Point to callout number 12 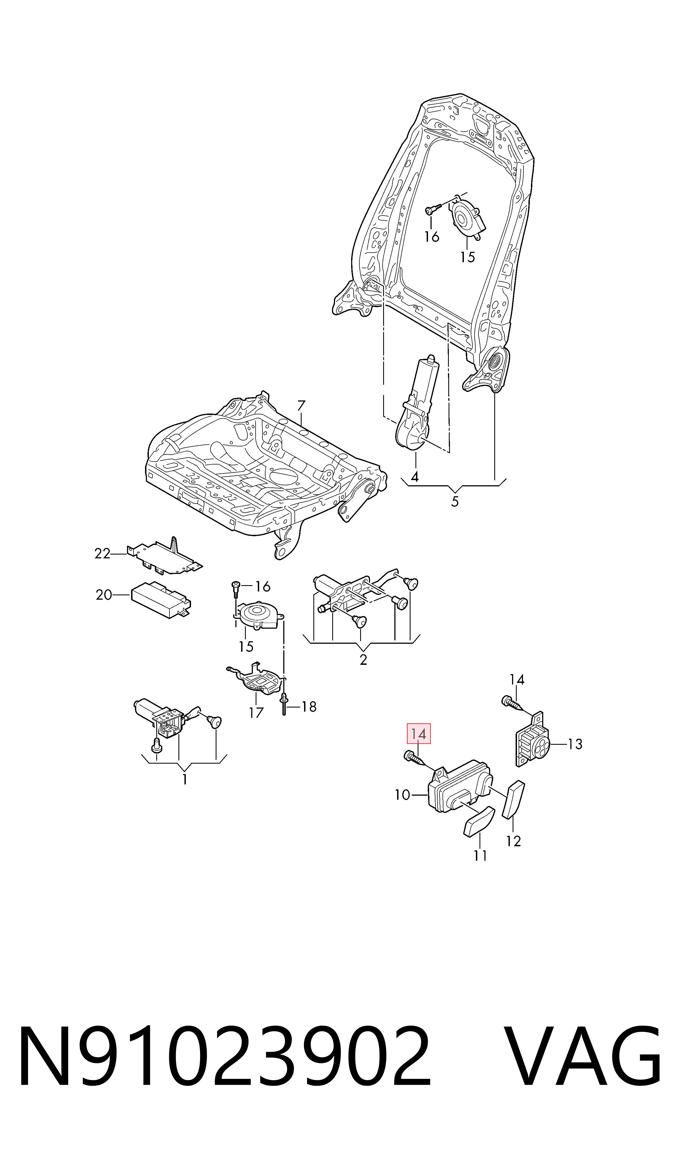(513, 841)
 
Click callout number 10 (403, 795)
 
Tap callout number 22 (102, 554)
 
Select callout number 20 (104, 595)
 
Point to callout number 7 (301, 406)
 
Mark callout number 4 (415, 477)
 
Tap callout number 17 (256, 712)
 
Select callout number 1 (184, 779)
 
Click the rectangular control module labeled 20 (161, 600)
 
